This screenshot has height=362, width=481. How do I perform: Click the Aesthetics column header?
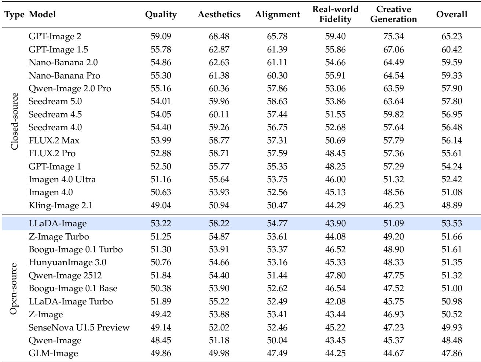point(219,14)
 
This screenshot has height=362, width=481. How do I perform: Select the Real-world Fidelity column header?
point(335,14)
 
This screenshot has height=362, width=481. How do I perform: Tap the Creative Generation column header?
point(394,14)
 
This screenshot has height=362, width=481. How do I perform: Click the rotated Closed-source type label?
point(14,121)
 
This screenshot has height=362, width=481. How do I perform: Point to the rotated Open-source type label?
point(14,289)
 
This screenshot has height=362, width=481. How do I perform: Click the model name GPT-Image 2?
point(55,36)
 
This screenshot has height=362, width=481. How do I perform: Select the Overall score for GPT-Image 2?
point(452,36)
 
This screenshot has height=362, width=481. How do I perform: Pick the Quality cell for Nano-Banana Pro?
point(161,76)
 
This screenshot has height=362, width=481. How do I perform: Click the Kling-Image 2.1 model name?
point(60,205)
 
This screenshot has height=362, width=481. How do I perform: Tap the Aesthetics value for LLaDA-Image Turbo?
point(219,301)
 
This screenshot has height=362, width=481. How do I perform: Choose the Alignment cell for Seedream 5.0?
point(277,102)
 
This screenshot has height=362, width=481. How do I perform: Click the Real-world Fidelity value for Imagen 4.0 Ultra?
point(335,179)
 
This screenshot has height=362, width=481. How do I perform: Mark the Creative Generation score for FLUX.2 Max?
point(393,140)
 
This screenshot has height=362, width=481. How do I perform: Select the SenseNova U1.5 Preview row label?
point(79,328)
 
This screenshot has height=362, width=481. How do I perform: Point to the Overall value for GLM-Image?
point(452,353)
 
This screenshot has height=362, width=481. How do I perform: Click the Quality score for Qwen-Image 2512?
point(161,275)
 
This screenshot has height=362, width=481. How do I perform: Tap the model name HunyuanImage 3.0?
point(67,263)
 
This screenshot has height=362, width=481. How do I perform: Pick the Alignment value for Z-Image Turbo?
point(277,237)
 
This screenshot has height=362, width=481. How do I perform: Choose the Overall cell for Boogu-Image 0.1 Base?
point(452,288)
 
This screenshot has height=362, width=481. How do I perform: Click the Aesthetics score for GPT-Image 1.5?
point(219,50)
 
